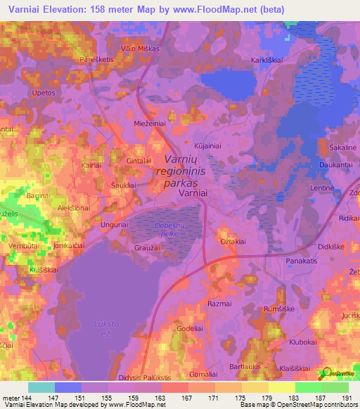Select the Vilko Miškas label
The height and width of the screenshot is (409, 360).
pos(141,48)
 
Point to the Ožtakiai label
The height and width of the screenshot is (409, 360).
pos(233,241)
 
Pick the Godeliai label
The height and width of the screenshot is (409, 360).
pos(190,329)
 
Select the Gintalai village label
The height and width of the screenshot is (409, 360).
pos(140,161)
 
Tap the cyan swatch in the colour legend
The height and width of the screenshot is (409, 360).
pos(41,387)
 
